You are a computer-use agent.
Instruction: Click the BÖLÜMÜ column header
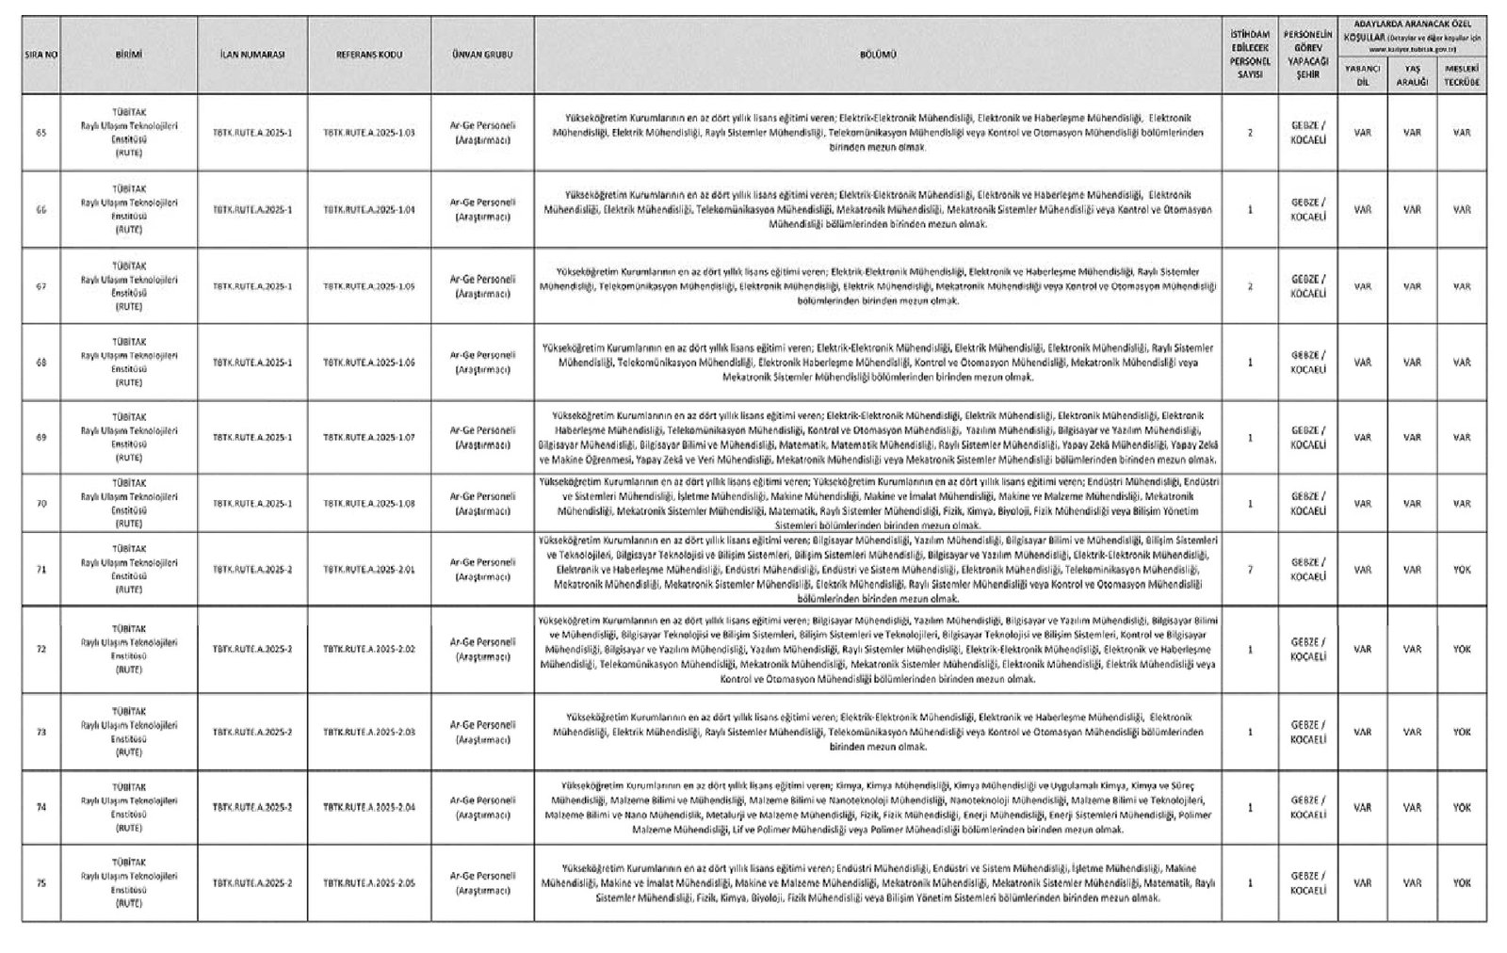pyautogui.click(x=877, y=55)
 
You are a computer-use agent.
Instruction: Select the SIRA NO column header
pyautogui.click(x=41, y=55)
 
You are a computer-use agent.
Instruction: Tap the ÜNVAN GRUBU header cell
pyautogui.click(x=482, y=55)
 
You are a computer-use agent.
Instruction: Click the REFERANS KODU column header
pyautogui.click(x=369, y=55)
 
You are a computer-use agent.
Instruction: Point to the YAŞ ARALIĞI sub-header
pyautogui.click(x=1412, y=75)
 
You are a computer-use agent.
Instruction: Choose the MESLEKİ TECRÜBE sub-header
pyautogui.click(x=1462, y=75)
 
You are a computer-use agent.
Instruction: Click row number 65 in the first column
pyautogui.click(x=41, y=133)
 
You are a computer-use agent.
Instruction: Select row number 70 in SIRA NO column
pyautogui.click(x=41, y=504)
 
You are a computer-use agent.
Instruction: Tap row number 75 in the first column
pyautogui.click(x=41, y=883)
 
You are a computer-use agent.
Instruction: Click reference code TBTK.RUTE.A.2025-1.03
pyautogui.click(x=369, y=133)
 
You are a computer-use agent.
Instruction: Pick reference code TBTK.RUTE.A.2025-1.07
pyautogui.click(x=369, y=438)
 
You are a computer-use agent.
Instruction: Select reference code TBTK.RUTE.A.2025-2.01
pyautogui.click(x=369, y=570)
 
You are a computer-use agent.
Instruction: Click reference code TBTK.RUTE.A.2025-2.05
pyautogui.click(x=369, y=883)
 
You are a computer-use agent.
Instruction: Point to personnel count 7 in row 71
pyautogui.click(x=1250, y=570)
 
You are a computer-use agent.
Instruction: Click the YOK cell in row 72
pyautogui.click(x=1462, y=650)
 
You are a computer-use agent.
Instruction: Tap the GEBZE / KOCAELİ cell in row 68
pyautogui.click(x=1308, y=363)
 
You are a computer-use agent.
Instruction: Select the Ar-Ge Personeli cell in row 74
pyautogui.click(x=482, y=808)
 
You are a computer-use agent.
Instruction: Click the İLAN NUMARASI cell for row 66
pyautogui.click(x=252, y=210)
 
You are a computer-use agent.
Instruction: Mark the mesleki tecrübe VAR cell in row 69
pyautogui.click(x=1462, y=438)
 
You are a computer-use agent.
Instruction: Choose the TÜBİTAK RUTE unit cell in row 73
pyautogui.click(x=129, y=732)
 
